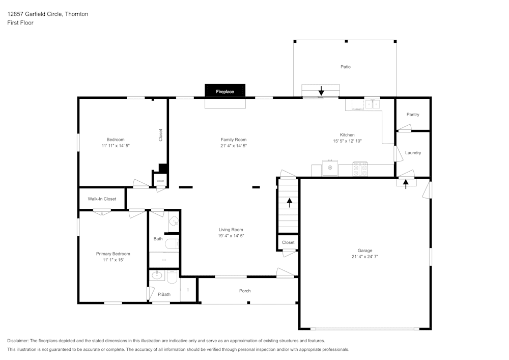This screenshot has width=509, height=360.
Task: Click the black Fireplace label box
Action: [x=225, y=91]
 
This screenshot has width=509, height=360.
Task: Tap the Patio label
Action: [x=346, y=67]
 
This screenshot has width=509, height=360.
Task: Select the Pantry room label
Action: [x=413, y=115]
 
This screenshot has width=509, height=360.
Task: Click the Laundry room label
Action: [x=413, y=153]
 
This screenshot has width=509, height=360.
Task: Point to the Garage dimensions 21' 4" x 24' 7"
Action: [x=364, y=257]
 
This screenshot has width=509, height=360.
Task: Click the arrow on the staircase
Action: [x=290, y=203]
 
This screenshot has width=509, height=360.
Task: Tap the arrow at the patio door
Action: [x=321, y=91]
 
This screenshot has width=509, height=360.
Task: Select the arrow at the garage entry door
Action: [x=406, y=183]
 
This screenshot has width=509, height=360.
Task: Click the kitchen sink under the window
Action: [x=372, y=104]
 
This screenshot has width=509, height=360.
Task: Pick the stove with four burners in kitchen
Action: [x=360, y=169]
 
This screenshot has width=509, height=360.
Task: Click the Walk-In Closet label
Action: [x=102, y=199]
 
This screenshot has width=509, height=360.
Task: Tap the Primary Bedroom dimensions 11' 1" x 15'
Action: [x=113, y=260]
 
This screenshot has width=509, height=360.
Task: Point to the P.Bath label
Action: [x=163, y=294]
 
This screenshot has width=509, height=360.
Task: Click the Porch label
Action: [x=245, y=291]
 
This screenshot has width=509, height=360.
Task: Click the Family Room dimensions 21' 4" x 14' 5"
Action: [x=233, y=146]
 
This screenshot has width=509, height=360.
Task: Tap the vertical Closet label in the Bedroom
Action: [x=161, y=134]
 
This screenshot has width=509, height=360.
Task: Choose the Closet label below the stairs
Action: [x=288, y=242]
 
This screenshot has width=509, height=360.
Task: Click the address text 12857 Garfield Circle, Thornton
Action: [x=47, y=14]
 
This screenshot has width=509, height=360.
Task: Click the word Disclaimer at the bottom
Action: [x=18, y=341]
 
